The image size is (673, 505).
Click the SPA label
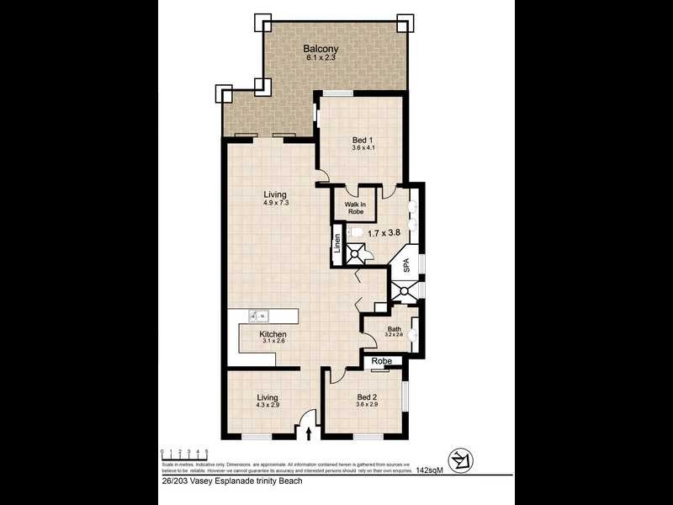coord(405,266)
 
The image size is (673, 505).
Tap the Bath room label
coord(394,328)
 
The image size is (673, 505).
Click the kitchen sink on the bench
coord(259,316)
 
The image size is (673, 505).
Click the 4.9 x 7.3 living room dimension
coord(275,203)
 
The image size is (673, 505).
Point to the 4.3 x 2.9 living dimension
coord(268,406)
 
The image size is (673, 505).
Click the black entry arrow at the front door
coord(310,433)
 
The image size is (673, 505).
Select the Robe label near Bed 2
coord(381,361)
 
